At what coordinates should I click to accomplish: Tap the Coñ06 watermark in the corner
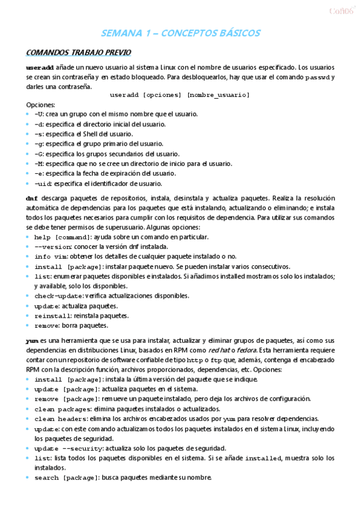340,10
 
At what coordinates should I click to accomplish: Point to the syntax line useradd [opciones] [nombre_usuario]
180,95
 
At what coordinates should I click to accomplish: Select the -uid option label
43,183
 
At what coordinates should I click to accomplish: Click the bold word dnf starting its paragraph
32,198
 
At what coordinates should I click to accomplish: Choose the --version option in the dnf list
53,247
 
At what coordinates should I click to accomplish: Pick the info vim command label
50,257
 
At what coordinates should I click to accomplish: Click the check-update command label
59,296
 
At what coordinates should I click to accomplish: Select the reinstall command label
52,316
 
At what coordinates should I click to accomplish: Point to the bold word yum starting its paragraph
32,340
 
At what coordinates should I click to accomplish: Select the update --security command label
68,449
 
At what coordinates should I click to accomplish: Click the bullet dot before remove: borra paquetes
28,325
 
